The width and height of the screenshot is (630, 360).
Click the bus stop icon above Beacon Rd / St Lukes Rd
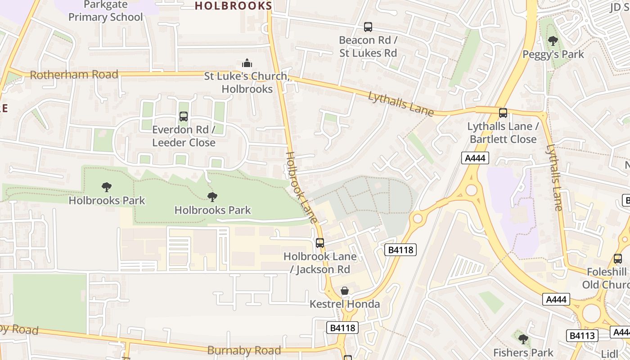pyautogui.click(x=368, y=27)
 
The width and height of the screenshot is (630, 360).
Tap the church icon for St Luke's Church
pyautogui.click(x=247, y=63)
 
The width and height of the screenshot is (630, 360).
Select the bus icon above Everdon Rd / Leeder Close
pyautogui.click(x=183, y=117)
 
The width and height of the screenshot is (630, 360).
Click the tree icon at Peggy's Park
pyautogui.click(x=553, y=41)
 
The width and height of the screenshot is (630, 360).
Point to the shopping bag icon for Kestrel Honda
pyautogui.click(x=345, y=291)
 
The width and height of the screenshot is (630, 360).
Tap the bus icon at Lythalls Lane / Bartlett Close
pyautogui.click(x=503, y=113)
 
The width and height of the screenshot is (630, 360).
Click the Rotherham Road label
pyautogui.click(x=74, y=75)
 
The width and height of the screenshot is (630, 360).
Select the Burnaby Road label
pyautogui.click(x=244, y=350)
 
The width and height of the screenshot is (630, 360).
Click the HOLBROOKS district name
pyautogui.click(x=233, y=6)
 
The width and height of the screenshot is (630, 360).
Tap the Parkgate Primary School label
pyautogui.click(x=105, y=11)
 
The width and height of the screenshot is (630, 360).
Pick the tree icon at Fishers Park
pyautogui.click(x=523, y=339)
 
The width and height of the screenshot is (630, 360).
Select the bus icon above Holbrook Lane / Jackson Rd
pyautogui.click(x=320, y=243)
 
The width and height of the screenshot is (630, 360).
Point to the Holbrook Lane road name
pyautogui.click(x=301, y=187)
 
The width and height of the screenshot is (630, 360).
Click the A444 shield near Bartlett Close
pyautogui.click(x=475, y=158)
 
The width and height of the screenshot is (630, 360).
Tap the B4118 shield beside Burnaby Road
pyautogui.click(x=342, y=328)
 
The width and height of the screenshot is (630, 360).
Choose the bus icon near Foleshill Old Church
pyautogui.click(x=617, y=259)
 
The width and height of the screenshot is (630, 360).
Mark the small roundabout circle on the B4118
pyautogui.click(x=418, y=219)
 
